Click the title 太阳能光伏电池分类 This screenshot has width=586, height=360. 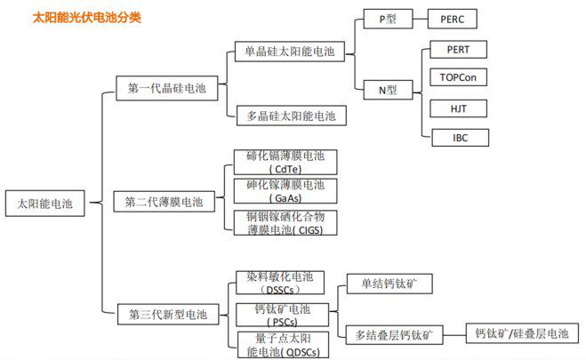[x=86, y=17]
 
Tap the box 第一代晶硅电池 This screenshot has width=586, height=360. [x=167, y=87]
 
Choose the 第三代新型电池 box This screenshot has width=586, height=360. [x=167, y=314]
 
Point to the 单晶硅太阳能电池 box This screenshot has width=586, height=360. [x=289, y=52]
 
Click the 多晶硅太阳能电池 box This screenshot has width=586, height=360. [x=290, y=116]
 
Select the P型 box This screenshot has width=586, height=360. [x=388, y=18]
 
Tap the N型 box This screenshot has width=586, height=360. [x=388, y=89]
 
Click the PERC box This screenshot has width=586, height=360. [x=458, y=18]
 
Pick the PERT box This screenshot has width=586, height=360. [x=458, y=50]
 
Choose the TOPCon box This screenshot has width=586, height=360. [x=458, y=78]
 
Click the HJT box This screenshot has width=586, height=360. [x=458, y=108]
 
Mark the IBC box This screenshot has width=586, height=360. [x=458, y=137]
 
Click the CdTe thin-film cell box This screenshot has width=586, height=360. [x=285, y=162]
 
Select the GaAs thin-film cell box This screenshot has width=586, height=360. [x=285, y=191]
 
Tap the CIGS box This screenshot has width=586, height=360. [x=285, y=222]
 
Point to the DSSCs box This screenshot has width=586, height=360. [x=285, y=284]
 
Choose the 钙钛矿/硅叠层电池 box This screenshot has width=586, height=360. [x=522, y=334]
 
